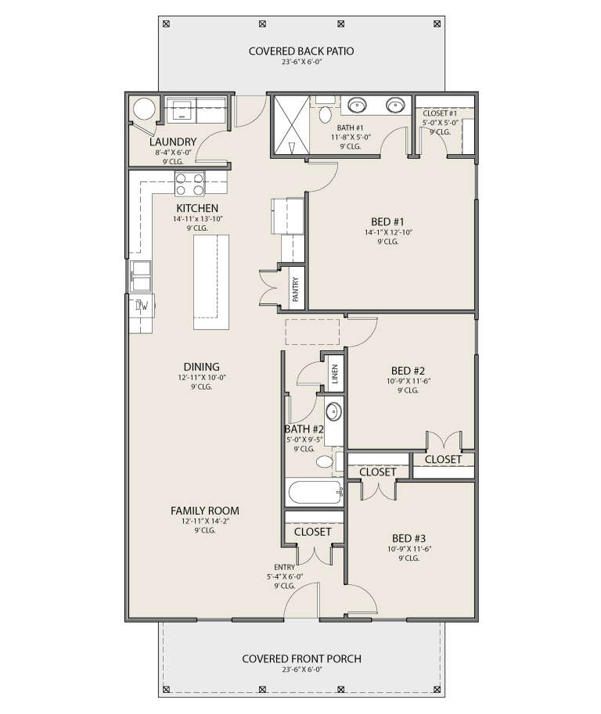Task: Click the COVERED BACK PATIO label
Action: click(x=301, y=52)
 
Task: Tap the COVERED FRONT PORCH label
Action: click(x=301, y=658)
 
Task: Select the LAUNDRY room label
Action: click(x=172, y=142)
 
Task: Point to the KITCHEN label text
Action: click(x=197, y=208)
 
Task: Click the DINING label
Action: click(x=201, y=367)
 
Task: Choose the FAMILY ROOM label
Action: click(x=201, y=510)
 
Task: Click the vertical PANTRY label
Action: click(x=296, y=288)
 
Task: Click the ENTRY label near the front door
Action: click(x=285, y=568)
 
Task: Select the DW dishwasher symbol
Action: click(x=142, y=305)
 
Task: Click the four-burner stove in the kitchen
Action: click(x=189, y=184)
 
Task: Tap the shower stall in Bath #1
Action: click(x=290, y=124)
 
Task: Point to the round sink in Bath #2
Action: click(x=333, y=411)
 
